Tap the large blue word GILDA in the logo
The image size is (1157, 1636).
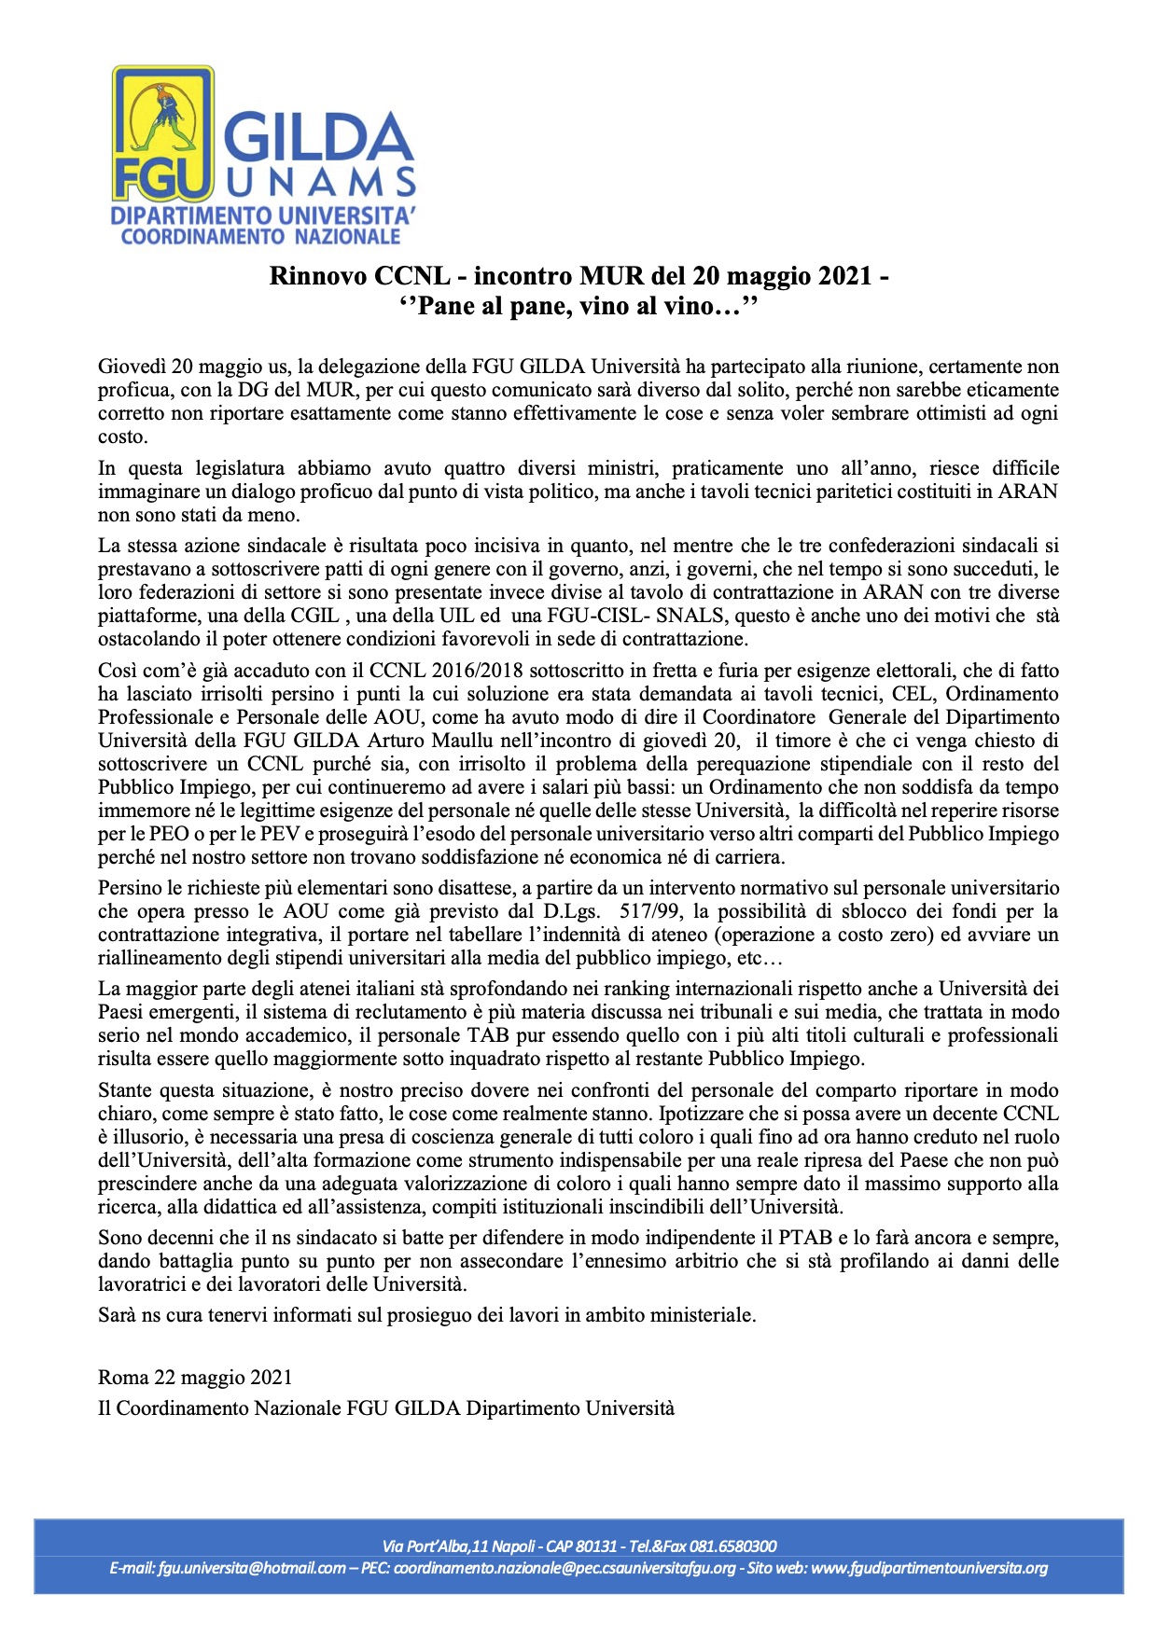click(x=317, y=138)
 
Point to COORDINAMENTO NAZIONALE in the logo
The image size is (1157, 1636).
click(x=260, y=237)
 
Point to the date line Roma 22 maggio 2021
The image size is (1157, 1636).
click(x=195, y=1378)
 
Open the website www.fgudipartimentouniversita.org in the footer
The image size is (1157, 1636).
click(x=929, y=1568)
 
